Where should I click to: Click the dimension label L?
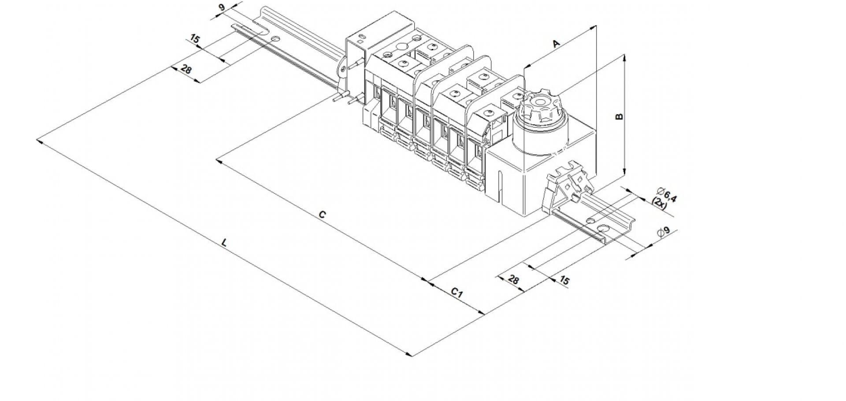tap(225, 242)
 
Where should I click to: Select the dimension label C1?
tap(457, 293)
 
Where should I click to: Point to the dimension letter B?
tap(619, 116)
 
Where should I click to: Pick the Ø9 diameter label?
tap(663, 232)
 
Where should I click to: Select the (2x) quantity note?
tap(659, 203)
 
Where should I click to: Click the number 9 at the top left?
tap(221, 7)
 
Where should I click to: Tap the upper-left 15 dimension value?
tap(195, 39)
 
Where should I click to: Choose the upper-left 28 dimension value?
tap(186, 69)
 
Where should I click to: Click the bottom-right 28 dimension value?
tap(513, 279)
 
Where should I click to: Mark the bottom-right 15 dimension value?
tap(564, 280)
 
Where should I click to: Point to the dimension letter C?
tap(322, 215)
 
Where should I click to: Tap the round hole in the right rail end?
tap(604, 229)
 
